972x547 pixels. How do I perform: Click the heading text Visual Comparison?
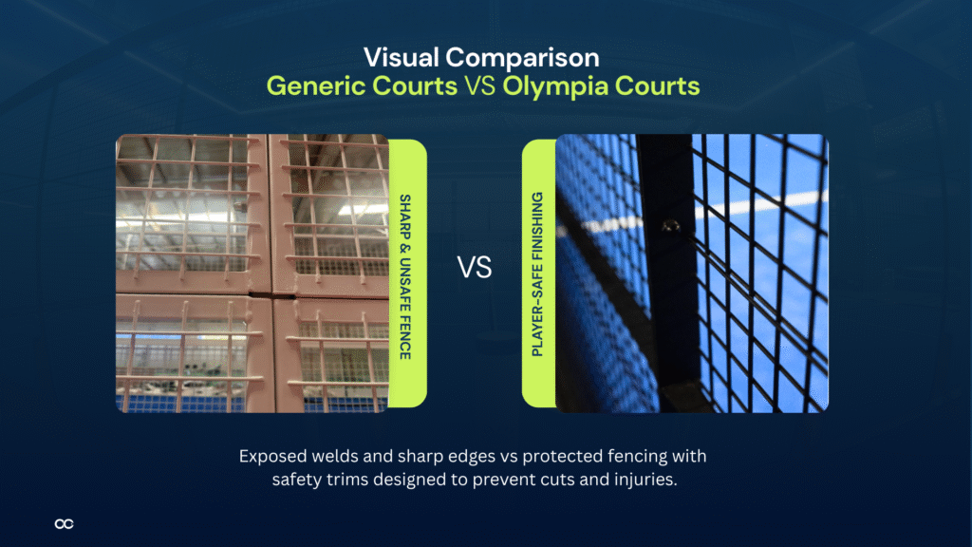coord(485,56)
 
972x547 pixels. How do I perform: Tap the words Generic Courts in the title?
coord(361,86)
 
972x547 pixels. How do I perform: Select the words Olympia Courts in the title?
coord(602,86)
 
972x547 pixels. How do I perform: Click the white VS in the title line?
coord(480,86)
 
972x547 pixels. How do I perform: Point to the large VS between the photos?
coord(475,268)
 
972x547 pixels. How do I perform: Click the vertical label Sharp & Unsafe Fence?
coord(405,276)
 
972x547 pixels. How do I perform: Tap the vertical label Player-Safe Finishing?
coord(537,274)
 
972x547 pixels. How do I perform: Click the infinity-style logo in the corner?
coord(64,523)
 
